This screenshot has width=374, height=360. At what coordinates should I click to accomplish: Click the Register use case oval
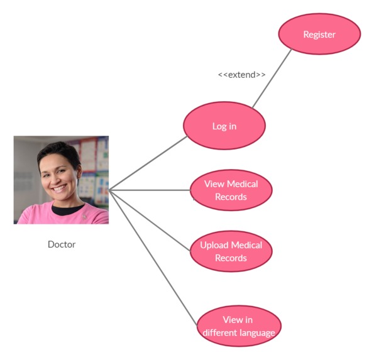[319, 34]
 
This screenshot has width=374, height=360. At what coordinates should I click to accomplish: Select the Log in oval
[224, 126]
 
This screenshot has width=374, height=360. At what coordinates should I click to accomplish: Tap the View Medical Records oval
[231, 190]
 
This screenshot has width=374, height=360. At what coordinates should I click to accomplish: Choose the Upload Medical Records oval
[231, 251]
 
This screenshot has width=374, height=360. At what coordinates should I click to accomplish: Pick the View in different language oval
[239, 326]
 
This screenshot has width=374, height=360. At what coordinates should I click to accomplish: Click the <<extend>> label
[241, 75]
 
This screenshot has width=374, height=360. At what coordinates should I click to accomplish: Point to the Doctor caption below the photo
[62, 244]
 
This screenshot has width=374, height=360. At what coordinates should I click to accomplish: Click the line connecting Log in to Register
[272, 78]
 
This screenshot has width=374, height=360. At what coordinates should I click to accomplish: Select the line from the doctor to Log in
[148, 163]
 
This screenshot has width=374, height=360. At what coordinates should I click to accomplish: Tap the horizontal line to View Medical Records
[150, 190]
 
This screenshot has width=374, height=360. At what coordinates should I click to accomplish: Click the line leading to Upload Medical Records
[150, 221]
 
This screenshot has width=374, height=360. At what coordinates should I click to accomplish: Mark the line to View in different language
[153, 258]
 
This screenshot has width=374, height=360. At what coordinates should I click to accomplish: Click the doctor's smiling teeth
[58, 189]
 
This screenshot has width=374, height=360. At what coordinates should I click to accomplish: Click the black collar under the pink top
[67, 209]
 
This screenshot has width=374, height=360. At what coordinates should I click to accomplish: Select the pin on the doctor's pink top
[84, 217]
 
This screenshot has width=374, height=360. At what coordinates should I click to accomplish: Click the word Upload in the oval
[214, 245]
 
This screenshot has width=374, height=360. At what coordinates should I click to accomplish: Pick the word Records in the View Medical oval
[231, 197]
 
